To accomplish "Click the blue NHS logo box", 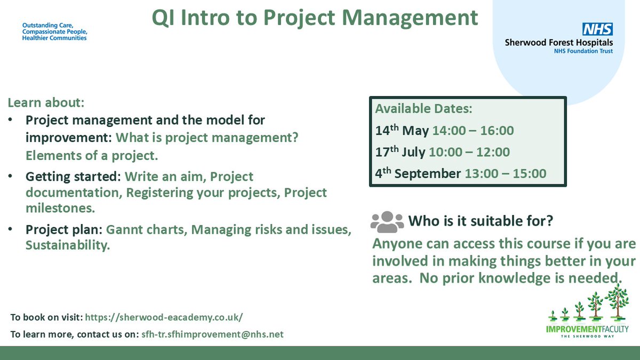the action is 597,29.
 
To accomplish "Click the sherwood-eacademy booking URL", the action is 164,317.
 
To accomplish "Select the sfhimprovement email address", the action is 213,334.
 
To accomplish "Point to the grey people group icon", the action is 387,222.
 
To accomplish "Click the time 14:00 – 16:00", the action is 473,131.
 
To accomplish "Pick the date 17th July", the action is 401,151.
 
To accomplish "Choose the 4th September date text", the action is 418,173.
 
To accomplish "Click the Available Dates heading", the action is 423,109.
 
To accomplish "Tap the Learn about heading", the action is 46,102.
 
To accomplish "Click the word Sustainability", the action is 68,245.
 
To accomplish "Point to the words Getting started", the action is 73,177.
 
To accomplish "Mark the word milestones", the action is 60,208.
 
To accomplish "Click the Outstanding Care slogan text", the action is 55,31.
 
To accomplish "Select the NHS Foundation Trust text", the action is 583,51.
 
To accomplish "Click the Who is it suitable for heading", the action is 481,221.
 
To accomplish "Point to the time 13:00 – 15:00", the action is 506,173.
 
